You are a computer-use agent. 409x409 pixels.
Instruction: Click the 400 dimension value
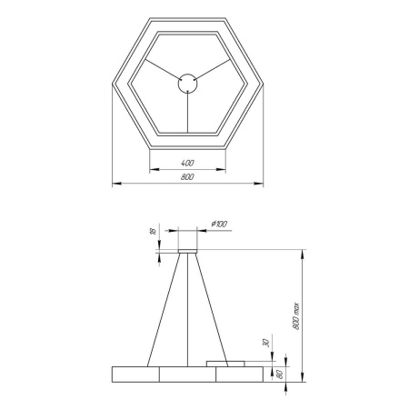click(x=186, y=162)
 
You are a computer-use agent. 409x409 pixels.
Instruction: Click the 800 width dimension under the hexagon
click(x=186, y=178)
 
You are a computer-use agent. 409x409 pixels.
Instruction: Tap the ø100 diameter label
click(x=218, y=224)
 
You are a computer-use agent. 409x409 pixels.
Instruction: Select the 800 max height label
click(x=308, y=314)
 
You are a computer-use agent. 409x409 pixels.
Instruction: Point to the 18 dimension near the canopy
click(x=152, y=232)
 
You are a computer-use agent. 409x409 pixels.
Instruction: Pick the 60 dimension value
click(x=280, y=374)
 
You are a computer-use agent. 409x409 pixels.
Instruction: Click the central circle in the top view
click(x=187, y=83)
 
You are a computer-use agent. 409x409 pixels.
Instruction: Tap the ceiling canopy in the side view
click(x=188, y=249)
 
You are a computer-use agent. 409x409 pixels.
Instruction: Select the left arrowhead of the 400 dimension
click(x=152, y=168)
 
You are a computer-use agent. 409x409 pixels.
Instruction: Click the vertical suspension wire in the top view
click(x=187, y=114)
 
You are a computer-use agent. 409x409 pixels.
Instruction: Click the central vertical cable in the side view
click(x=188, y=309)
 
